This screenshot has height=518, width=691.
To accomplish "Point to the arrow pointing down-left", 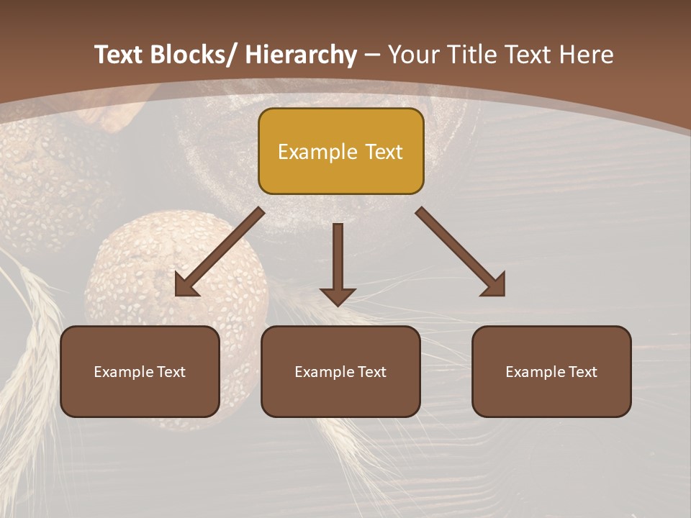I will tap(220, 252).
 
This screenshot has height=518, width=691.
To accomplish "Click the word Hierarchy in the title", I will tap(301, 55).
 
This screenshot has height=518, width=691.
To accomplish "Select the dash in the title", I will tap(373, 55).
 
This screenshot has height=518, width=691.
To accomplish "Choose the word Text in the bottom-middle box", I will tap(370, 372).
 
